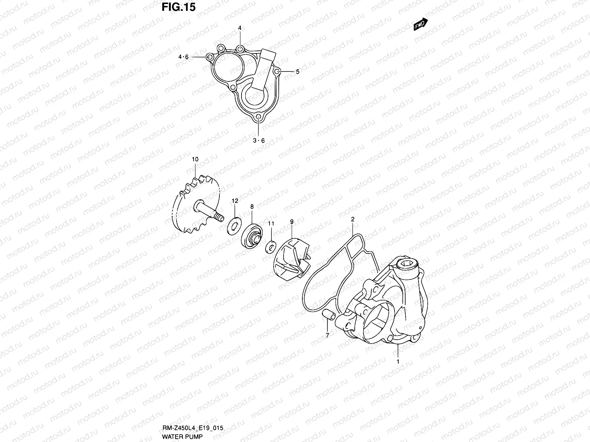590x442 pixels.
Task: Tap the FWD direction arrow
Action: [x=420, y=25]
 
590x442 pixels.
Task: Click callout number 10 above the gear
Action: [x=195, y=159]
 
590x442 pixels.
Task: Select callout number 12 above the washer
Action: [x=235, y=201]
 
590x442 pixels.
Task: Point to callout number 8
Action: [x=252, y=207]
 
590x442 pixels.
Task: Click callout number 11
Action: [x=271, y=223]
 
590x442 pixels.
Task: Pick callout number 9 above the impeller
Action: [x=292, y=222]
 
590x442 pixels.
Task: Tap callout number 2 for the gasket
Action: [x=353, y=219]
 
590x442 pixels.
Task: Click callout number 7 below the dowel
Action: [x=327, y=335]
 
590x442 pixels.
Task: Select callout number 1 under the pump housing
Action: [x=398, y=362]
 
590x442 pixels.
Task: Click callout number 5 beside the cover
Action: [x=297, y=72]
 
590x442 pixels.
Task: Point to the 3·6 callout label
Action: [x=258, y=140]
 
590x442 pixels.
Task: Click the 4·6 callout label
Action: [x=183, y=57]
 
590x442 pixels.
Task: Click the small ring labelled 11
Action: [x=271, y=245]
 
